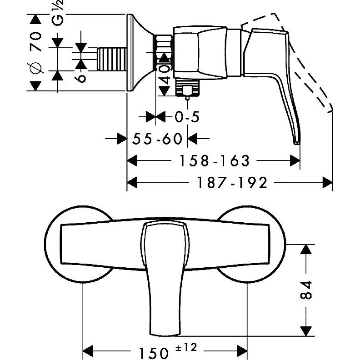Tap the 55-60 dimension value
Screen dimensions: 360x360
[157, 138]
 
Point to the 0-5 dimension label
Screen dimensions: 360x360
[187, 117]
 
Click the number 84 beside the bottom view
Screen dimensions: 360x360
[307, 290]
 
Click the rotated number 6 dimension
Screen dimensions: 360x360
[81, 77]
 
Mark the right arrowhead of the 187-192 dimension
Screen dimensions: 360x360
[327, 183]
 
